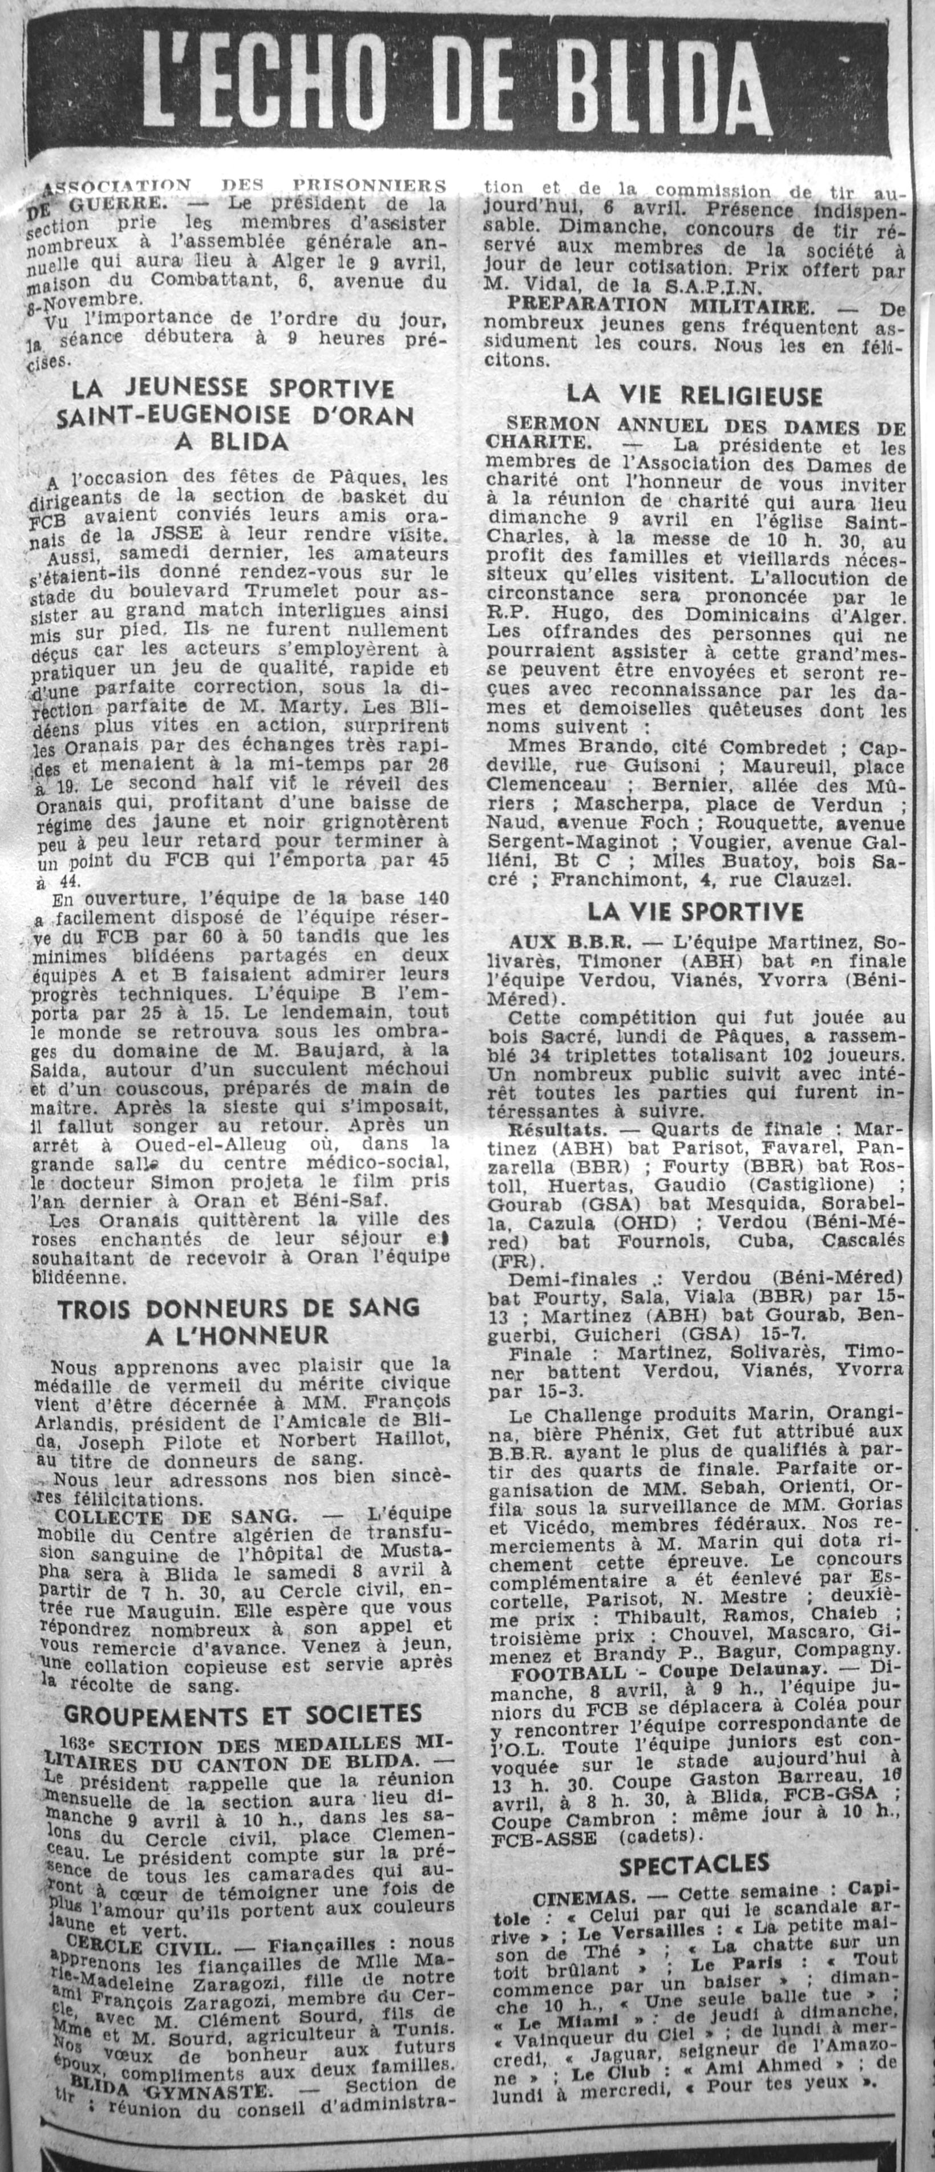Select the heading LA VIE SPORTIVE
695,911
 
